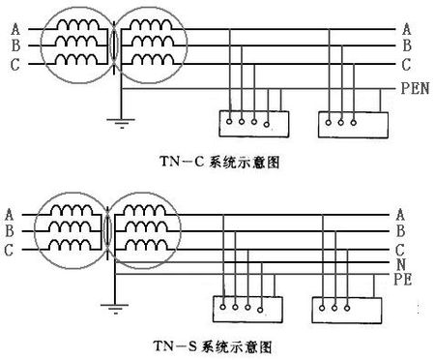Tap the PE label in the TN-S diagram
pos(406,279)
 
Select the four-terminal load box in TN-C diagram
pos(252,122)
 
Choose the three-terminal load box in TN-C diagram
pos(352,122)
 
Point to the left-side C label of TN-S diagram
pos(9,250)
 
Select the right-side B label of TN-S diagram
pos(400,230)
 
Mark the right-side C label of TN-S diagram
pos(400,248)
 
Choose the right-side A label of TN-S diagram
pos(400,214)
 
